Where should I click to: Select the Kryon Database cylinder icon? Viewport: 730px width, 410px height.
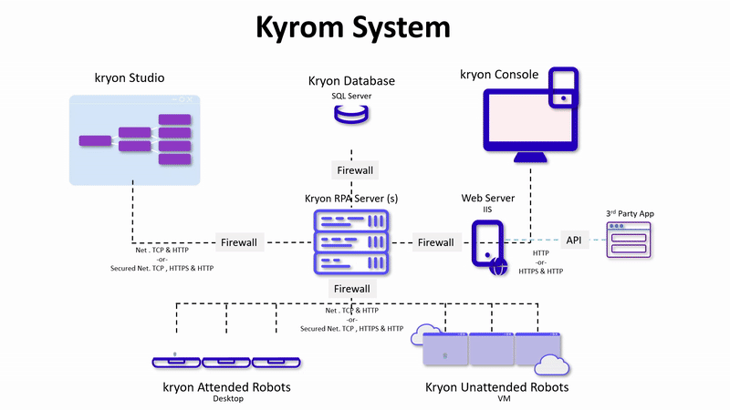(351, 115)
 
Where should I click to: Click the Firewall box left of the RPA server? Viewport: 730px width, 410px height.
(239, 242)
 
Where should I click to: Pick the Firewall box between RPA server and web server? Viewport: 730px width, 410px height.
(435, 242)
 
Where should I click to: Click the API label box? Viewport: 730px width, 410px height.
(573, 241)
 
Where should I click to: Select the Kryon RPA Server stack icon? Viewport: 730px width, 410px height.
(351, 241)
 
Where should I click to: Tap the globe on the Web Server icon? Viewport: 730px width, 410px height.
(497, 266)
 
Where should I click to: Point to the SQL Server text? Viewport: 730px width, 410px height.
(351, 96)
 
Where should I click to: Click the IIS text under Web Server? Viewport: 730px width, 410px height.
(488, 210)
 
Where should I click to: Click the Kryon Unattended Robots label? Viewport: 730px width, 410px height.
(497, 387)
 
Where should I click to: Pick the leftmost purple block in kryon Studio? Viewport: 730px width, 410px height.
(94, 140)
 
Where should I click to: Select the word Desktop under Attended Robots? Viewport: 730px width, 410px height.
(228, 399)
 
